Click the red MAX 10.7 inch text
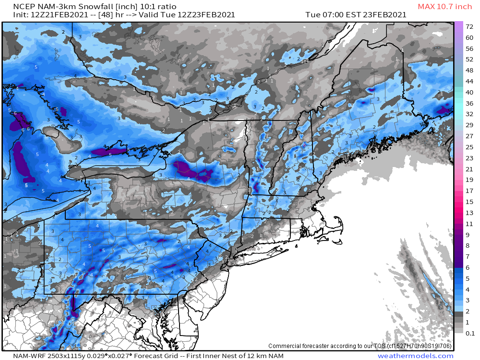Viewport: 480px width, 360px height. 445,6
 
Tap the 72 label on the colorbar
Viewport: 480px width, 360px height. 469,27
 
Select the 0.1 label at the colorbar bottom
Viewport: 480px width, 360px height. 470,333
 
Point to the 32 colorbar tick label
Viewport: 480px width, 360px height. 469,114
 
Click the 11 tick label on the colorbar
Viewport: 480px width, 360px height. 469,224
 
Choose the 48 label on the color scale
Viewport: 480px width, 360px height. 469,70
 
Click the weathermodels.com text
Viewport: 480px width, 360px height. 415,356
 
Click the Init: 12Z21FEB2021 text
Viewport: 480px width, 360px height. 48,15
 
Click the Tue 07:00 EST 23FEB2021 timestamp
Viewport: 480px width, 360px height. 356,15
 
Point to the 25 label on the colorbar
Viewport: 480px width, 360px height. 469,147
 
